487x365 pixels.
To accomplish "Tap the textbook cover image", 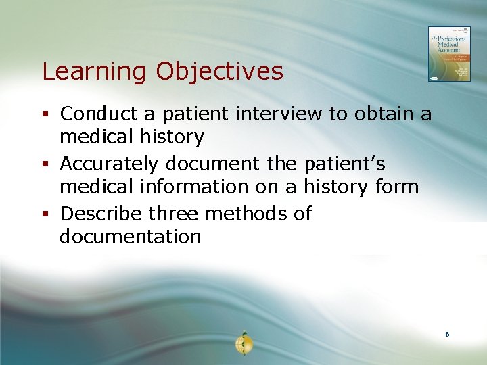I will pyautogui.click(x=448, y=54).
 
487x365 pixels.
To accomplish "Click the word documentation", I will pyautogui.click(x=130, y=237).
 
